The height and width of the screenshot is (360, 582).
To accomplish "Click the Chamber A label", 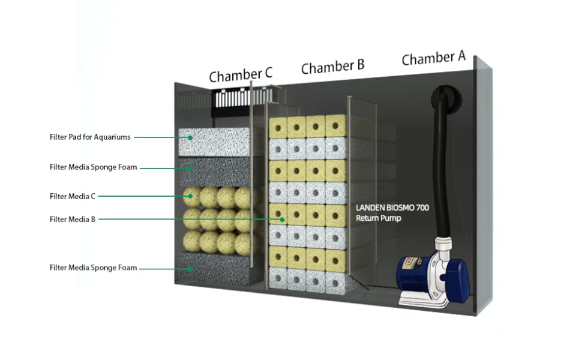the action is coord(433,58).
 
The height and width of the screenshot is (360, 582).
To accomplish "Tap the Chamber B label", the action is coord(332,66).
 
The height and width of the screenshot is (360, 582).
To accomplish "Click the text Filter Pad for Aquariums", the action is coord(89,137).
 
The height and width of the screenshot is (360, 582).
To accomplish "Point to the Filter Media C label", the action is coord(73,196).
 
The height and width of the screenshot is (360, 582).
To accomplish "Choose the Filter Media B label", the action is coord(73,220).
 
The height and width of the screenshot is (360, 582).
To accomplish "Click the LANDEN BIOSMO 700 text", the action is coord(392,208).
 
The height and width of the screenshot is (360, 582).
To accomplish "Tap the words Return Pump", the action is coord(378,218).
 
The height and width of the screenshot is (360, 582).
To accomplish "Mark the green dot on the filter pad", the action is coord(190,137).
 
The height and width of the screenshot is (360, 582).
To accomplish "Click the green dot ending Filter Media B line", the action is coord(282,220).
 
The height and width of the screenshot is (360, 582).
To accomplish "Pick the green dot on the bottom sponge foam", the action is coord(190,268).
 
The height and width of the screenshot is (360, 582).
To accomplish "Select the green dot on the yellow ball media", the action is coord(190,196).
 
